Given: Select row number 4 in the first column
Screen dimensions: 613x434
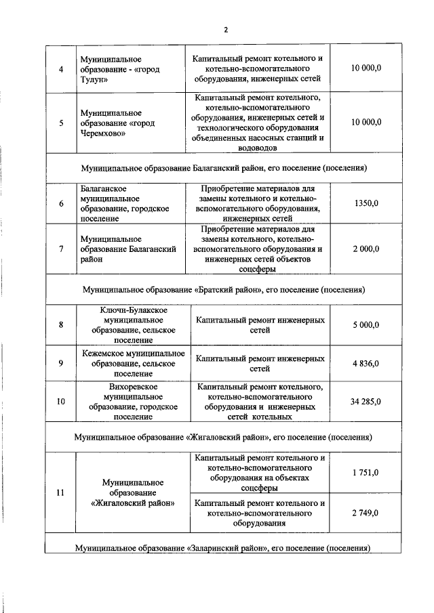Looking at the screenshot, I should coord(61,69).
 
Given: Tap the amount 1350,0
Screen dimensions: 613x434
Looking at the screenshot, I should coord(366,203).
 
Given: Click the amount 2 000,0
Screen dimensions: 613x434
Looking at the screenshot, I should coord(366,249).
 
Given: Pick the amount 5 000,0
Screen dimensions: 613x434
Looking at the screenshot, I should coord(366,324).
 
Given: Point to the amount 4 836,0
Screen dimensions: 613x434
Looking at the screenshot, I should coord(366,363).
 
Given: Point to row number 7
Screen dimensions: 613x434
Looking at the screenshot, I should coord(61,249).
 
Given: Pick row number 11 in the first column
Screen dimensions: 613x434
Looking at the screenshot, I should coord(61,492).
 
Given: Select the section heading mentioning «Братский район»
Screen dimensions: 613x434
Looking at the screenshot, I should coord(224,289).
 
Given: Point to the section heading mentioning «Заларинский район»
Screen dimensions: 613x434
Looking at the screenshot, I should coord(224,546).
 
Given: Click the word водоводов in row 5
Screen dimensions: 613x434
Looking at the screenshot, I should coord(256,147).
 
